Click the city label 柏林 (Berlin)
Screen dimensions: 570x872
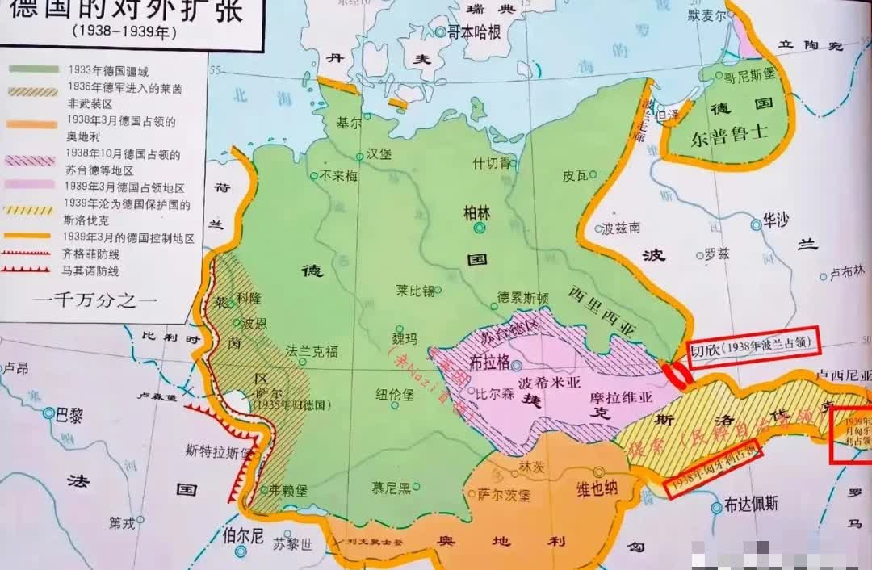(x=476, y=212)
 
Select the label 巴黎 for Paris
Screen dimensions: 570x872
(x=68, y=416)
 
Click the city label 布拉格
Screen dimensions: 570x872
(x=489, y=363)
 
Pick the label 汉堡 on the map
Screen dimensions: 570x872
(x=379, y=153)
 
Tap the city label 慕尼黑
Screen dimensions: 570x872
(x=391, y=487)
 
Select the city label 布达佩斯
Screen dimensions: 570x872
(x=751, y=505)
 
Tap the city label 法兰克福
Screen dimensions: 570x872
(x=312, y=352)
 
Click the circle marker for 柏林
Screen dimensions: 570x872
(x=480, y=228)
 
